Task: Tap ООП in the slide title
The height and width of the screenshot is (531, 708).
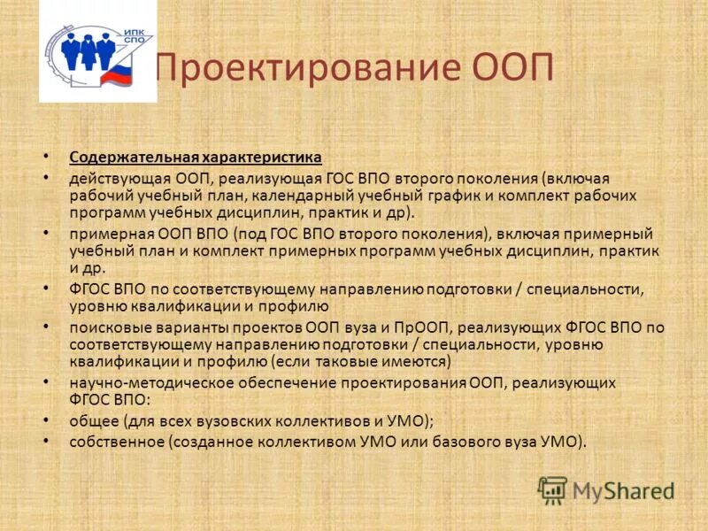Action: [513, 68]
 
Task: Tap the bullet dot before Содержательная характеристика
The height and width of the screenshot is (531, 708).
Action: [47, 158]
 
